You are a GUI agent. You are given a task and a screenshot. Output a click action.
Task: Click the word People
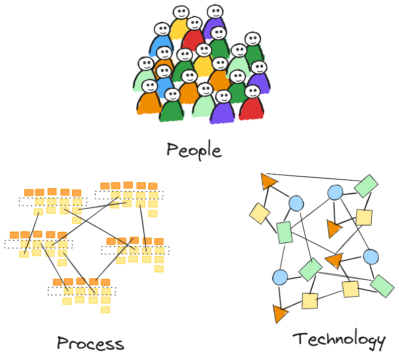coord(194,150)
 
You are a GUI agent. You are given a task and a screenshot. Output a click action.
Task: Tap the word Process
coord(90,343)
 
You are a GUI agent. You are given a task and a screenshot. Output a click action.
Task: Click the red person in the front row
coord(251,106)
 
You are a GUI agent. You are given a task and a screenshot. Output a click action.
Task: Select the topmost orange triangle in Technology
coord(269,181)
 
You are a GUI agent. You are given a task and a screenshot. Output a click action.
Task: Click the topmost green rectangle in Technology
coord(366,185)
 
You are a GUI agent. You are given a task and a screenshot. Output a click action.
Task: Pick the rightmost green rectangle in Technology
coord(382,286)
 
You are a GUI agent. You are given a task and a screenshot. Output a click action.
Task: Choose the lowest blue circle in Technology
coord(280,277)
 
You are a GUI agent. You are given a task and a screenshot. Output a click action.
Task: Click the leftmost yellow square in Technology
coord(259,213)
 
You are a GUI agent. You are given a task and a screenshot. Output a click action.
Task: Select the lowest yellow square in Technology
coord(310,301)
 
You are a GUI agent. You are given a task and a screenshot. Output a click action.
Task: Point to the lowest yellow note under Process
coord(105,309)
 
